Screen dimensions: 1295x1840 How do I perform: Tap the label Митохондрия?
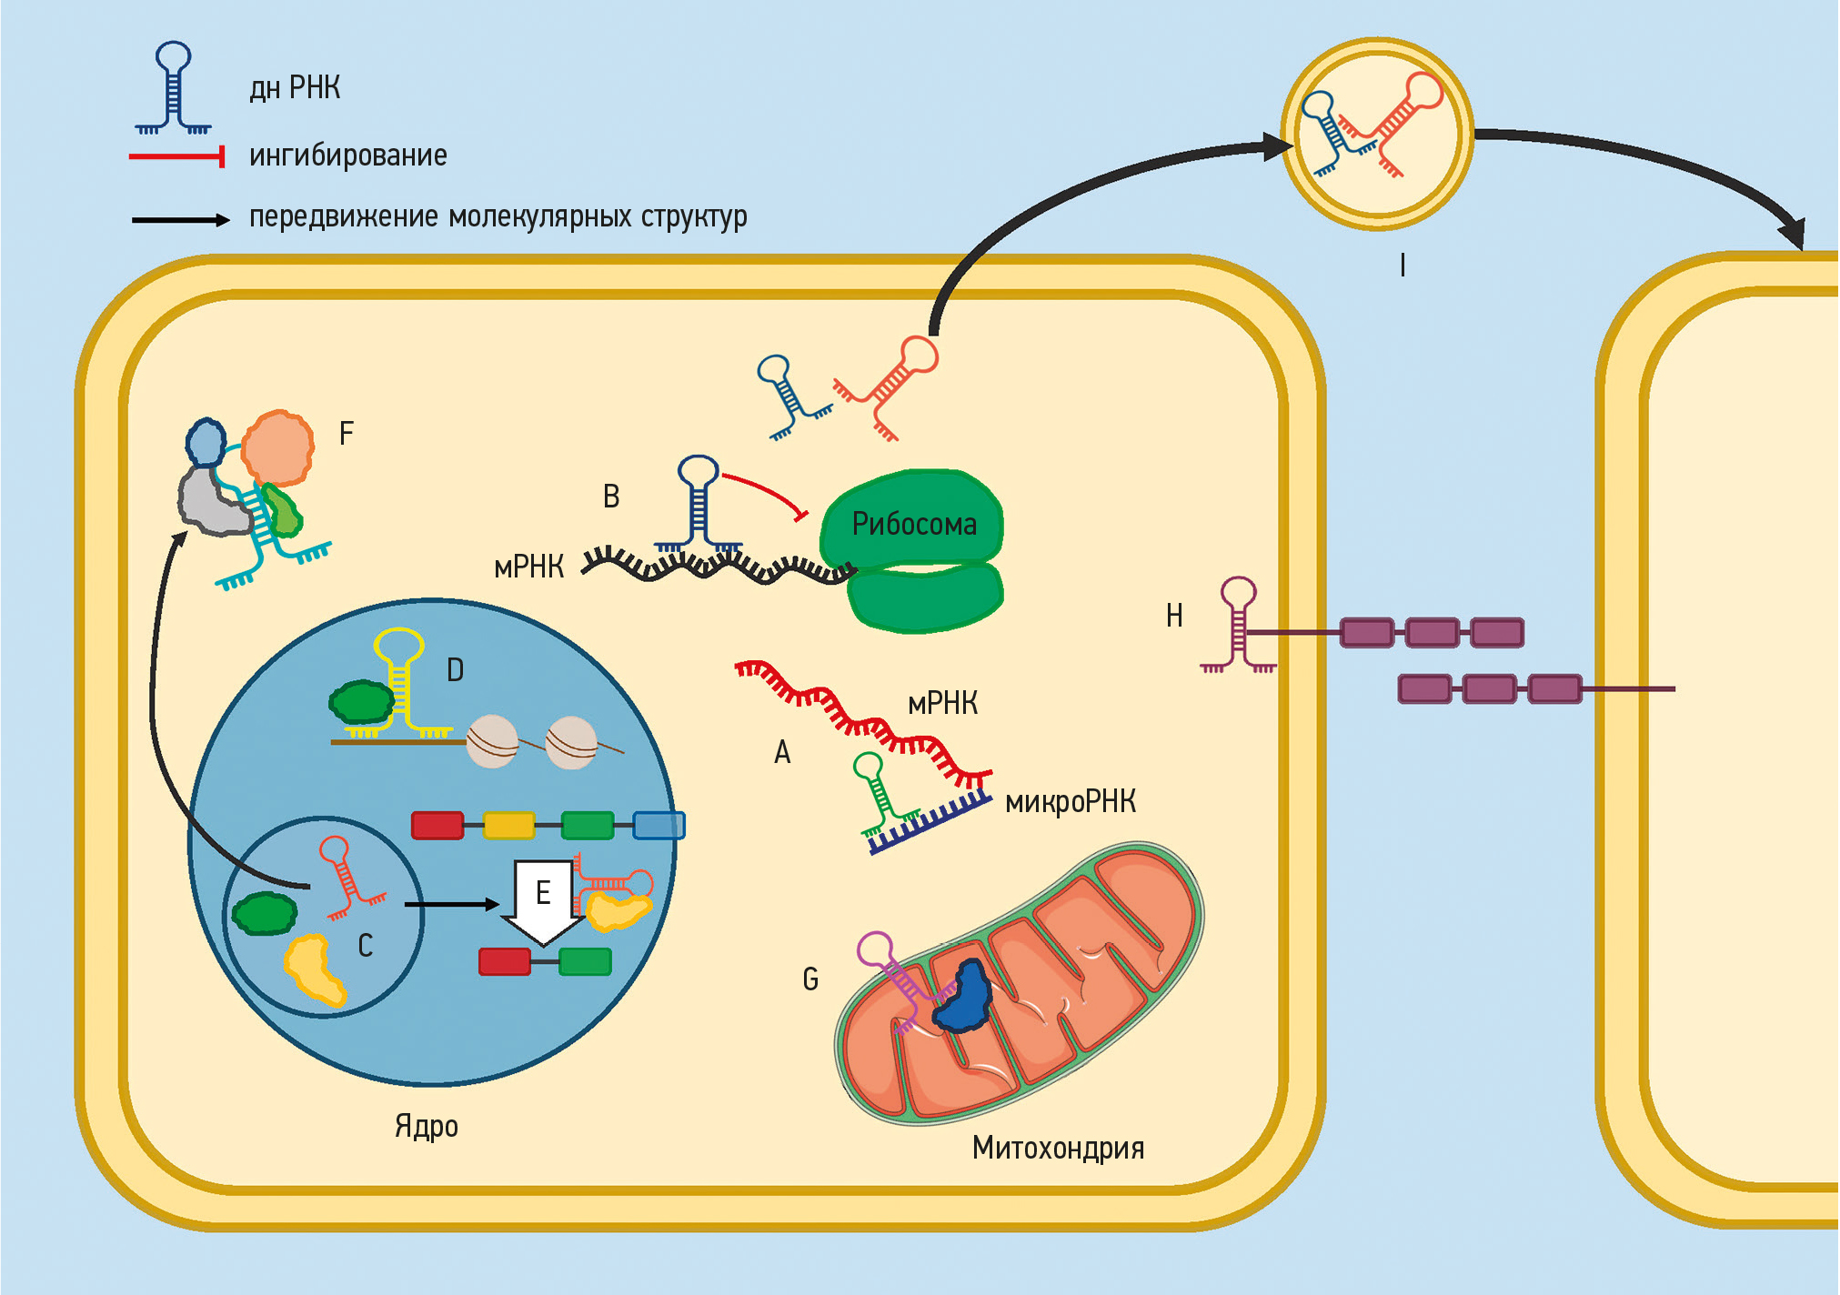(x=1058, y=1148)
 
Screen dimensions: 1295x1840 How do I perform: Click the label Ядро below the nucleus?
(x=426, y=1127)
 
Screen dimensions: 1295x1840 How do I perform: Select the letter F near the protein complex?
(x=347, y=434)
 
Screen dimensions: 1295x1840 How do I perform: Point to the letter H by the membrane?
(x=1174, y=617)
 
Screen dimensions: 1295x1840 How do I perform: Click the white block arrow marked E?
(x=543, y=900)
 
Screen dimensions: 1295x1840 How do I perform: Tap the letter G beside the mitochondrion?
(x=810, y=979)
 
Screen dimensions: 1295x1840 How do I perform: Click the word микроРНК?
(x=1071, y=802)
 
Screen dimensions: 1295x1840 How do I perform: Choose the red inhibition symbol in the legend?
(x=177, y=157)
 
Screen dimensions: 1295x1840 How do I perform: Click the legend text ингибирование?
(x=348, y=156)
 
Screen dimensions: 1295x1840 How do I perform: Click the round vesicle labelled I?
(x=1377, y=134)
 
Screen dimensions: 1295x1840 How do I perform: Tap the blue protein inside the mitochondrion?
(x=964, y=998)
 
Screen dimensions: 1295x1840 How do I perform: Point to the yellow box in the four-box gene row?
(x=509, y=825)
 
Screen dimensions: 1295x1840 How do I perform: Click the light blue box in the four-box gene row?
(x=659, y=825)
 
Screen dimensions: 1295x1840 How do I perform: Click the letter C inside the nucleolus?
(x=366, y=946)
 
